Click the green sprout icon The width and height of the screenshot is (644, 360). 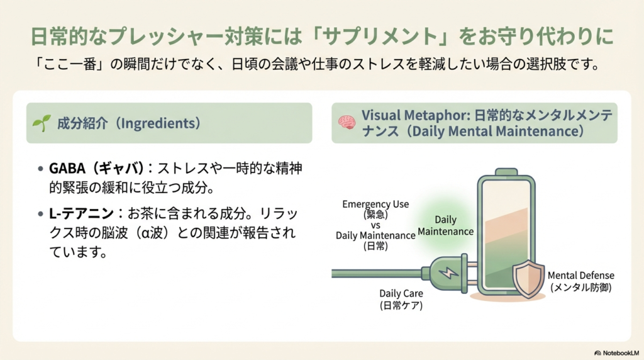click(x=42, y=121)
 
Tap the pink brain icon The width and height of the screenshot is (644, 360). click(x=347, y=122)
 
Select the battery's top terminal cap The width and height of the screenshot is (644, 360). click(x=506, y=171)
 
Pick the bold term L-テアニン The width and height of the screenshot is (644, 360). click(x=78, y=213)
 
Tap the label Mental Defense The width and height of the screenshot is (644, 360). click(x=581, y=276)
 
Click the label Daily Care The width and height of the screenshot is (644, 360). click(x=401, y=293)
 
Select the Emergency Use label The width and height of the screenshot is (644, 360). click(x=375, y=204)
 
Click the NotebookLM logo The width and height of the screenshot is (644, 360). click(x=616, y=353)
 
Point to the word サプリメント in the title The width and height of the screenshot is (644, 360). click(x=392, y=37)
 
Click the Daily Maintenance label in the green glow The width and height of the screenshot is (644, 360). click(x=445, y=226)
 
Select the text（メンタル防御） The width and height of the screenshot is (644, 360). click(x=581, y=288)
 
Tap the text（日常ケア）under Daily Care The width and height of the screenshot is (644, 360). click(x=401, y=306)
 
